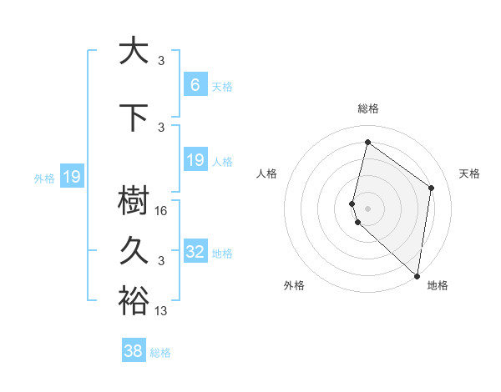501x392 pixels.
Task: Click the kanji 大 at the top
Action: click(x=132, y=51)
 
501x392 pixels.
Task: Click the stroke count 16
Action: click(x=162, y=211)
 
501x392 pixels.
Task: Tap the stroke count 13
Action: click(x=162, y=311)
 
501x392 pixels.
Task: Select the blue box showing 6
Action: click(x=195, y=84)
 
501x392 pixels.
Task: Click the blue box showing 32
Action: click(x=195, y=252)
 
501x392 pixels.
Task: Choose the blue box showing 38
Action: click(x=134, y=352)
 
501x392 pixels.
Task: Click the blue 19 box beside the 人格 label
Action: click(x=195, y=160)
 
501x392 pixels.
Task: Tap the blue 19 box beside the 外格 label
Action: click(x=72, y=177)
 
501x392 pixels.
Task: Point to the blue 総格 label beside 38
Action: click(x=160, y=353)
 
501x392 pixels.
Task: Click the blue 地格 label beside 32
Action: click(x=222, y=253)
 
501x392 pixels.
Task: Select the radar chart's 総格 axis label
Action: click(x=368, y=108)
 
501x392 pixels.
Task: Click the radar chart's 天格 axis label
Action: click(x=470, y=173)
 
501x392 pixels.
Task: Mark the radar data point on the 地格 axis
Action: click(x=417, y=276)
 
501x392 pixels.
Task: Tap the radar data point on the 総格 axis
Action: click(x=367, y=142)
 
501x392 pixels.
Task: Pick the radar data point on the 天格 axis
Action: click(x=432, y=188)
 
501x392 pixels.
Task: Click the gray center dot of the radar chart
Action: click(x=368, y=209)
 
